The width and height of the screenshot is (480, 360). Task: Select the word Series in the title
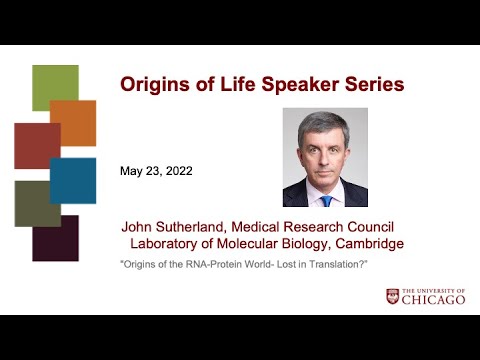pos(370,84)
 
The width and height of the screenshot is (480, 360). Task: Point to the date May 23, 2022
pos(156,170)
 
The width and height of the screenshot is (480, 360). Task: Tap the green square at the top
pos(55,87)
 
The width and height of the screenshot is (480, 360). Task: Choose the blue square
pos(74,181)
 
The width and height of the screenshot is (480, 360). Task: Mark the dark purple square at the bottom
pos(56,239)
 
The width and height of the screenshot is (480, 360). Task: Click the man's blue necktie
pos(326,199)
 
